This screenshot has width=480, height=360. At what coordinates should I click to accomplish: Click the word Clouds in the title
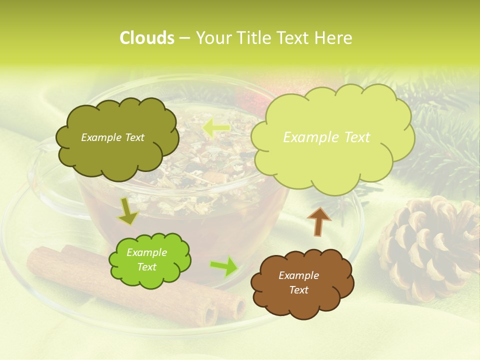point(146,38)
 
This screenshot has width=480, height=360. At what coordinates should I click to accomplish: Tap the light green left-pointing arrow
point(216,129)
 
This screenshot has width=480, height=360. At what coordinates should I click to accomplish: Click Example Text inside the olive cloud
point(112,137)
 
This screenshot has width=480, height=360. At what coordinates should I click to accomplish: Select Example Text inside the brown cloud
point(298,282)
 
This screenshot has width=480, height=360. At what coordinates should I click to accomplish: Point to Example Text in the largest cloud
point(326,137)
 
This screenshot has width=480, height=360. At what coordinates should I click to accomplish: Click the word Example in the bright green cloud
point(146,252)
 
